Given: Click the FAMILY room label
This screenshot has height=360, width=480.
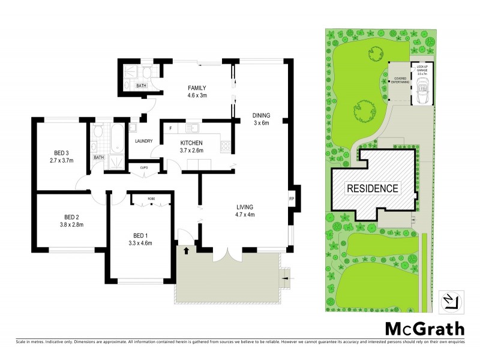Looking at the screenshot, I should pyautogui.click(x=197, y=91).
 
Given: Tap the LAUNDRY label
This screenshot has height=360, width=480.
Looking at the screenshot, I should pyautogui.click(x=143, y=142).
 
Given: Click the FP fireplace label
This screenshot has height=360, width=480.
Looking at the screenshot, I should pyautogui.click(x=292, y=199).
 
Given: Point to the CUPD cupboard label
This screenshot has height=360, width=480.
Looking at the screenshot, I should pyautogui.click(x=144, y=167).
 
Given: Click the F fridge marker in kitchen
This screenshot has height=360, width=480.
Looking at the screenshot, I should pyautogui.click(x=170, y=128).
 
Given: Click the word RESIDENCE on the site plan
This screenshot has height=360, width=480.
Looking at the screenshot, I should pyautogui.click(x=373, y=188).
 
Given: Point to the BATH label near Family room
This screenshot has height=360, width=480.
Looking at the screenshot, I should pyautogui.click(x=141, y=86).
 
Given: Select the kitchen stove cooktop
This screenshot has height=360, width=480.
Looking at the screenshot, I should pyautogui.click(x=226, y=145).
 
